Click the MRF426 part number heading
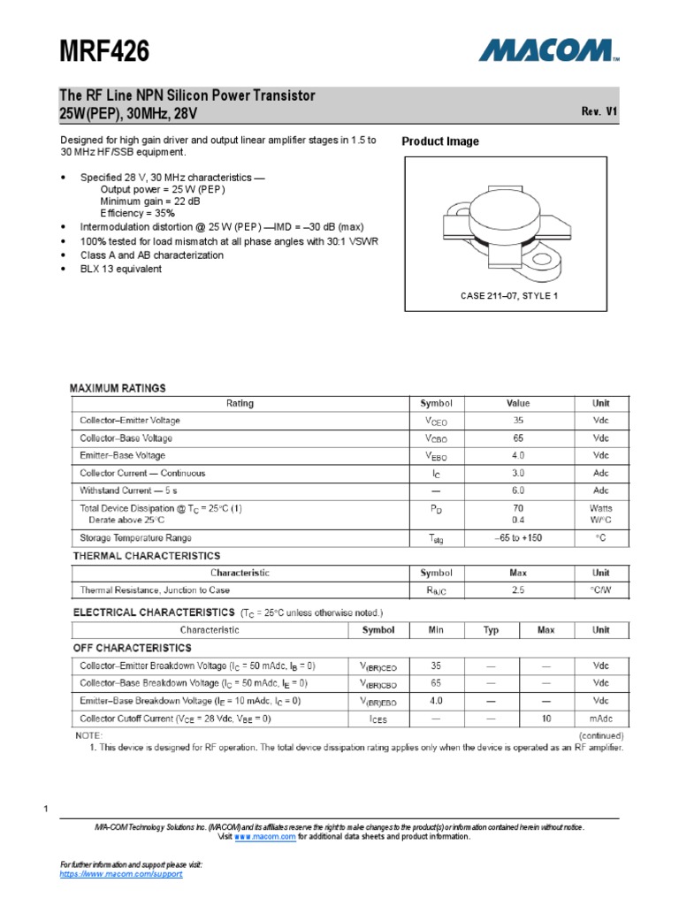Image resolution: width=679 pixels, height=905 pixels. pyautogui.click(x=103, y=53)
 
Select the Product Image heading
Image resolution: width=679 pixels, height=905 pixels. pyautogui.click(x=440, y=141)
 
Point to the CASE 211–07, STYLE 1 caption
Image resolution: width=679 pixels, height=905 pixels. pyautogui.click(x=508, y=296)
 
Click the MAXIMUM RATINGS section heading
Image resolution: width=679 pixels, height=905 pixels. pyautogui.click(x=118, y=388)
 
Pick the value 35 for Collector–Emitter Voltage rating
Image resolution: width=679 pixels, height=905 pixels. pyautogui.click(x=518, y=421)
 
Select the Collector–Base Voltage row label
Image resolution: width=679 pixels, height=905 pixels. pyautogui.click(x=126, y=438)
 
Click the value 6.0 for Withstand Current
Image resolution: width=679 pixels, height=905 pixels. pyautogui.click(x=518, y=490)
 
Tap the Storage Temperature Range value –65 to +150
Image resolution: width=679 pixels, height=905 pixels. pyautogui.click(x=518, y=537)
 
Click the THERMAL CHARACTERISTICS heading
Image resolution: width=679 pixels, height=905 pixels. pyautogui.click(x=146, y=556)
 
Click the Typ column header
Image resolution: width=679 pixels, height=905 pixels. pyautogui.click(x=491, y=630)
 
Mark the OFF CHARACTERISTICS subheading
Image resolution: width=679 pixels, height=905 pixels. pyautogui.click(x=132, y=648)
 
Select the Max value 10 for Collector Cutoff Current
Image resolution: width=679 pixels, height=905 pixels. pyautogui.click(x=546, y=719)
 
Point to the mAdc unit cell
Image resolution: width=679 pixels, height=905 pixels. pyautogui.click(x=600, y=719)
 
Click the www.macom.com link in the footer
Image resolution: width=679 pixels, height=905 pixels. pyautogui.click(x=264, y=836)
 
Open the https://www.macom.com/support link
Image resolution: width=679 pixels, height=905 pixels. pyautogui.click(x=120, y=873)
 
